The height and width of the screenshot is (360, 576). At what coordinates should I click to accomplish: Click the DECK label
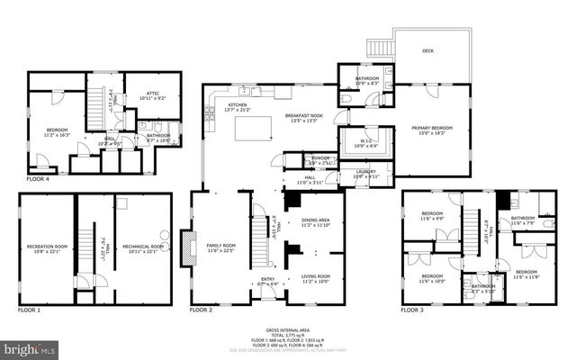click(x=428, y=51)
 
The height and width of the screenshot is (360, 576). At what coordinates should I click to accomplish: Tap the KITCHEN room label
click(x=237, y=105)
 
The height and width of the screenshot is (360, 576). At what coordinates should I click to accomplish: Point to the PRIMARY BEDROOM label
click(x=433, y=129)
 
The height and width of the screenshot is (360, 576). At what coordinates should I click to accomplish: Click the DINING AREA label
click(x=315, y=220)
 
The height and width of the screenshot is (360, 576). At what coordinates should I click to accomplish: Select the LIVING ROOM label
click(x=315, y=276)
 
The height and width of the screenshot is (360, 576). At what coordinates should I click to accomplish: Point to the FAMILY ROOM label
click(x=220, y=246)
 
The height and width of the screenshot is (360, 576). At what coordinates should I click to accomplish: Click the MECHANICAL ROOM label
click(x=143, y=246)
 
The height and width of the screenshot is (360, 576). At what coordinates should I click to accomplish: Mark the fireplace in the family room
click(x=187, y=247)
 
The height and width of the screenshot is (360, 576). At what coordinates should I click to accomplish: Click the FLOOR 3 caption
click(x=412, y=310)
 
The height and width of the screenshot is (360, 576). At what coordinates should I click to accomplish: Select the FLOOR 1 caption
click(x=30, y=310)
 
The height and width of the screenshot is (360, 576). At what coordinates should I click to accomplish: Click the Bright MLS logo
click(x=29, y=346)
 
